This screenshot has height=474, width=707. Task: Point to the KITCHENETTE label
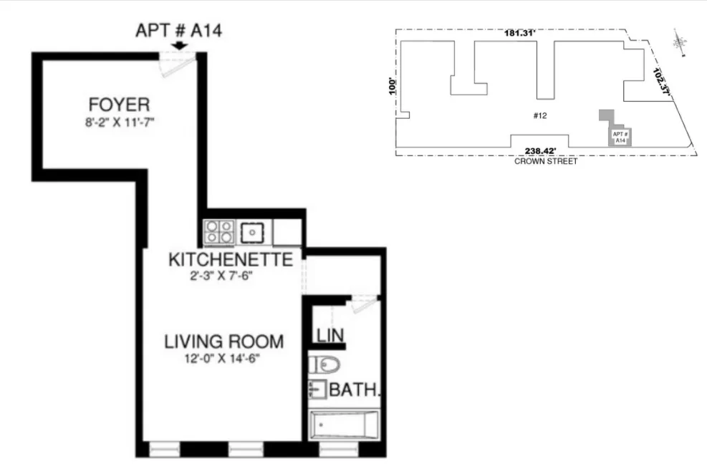point(230,259)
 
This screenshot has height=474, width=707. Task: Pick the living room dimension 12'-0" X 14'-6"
point(221,359)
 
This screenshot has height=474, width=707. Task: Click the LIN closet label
point(330,335)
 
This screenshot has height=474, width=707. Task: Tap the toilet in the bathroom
point(324,366)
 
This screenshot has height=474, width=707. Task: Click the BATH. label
point(354,391)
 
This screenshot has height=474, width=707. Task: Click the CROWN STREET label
point(546,161)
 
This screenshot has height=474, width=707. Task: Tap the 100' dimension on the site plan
point(391,86)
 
